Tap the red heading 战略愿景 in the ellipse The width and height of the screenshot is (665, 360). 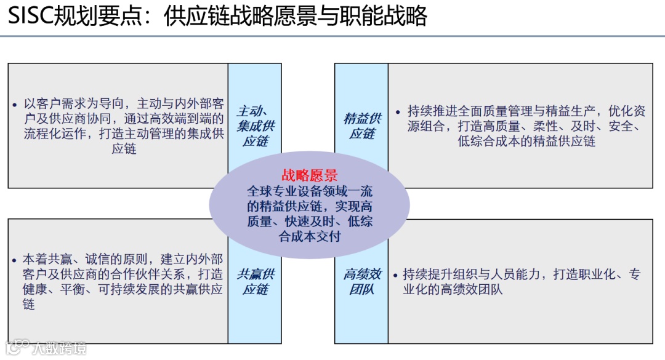click(309, 176)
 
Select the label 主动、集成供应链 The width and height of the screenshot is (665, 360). click(255, 126)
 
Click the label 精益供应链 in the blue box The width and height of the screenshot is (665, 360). click(361, 126)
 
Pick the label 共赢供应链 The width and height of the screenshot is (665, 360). click(255, 281)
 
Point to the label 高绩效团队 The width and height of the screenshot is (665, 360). click(361, 281)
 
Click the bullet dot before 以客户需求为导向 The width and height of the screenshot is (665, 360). click(15, 105)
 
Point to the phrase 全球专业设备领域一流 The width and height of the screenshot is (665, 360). click(309, 191)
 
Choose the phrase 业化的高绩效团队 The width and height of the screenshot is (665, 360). click(453, 289)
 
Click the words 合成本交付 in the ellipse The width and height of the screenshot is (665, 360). click(309, 236)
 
